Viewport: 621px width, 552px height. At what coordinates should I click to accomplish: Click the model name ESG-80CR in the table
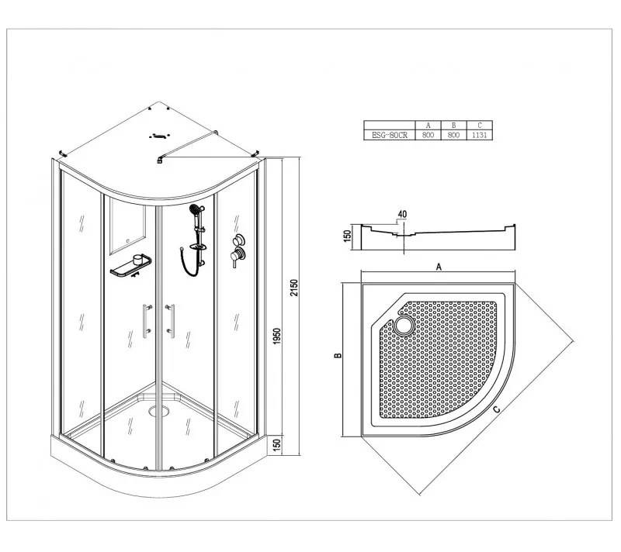click(390, 135)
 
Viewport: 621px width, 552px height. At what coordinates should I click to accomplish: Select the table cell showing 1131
click(479, 135)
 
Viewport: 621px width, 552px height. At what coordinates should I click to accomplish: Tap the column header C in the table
click(479, 126)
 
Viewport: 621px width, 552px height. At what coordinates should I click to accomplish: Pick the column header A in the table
click(428, 126)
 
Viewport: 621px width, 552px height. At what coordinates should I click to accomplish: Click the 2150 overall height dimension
click(293, 288)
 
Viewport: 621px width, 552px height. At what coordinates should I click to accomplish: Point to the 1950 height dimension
click(277, 336)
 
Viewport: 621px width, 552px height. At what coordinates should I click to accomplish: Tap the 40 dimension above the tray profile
click(402, 214)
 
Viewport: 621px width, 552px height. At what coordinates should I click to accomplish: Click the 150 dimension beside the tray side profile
click(347, 236)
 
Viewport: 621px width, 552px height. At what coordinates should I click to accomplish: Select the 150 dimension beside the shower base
click(277, 444)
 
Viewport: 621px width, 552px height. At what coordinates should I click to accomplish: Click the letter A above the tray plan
click(439, 267)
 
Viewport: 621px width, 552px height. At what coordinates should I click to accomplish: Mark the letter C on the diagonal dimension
click(496, 409)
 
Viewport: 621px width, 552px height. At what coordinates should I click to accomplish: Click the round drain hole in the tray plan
click(404, 326)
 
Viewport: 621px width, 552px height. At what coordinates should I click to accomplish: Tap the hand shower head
click(194, 209)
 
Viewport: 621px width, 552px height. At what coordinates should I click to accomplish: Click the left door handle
click(147, 321)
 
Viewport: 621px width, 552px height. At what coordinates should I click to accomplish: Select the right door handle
click(171, 321)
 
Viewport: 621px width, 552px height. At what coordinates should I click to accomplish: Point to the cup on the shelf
click(138, 260)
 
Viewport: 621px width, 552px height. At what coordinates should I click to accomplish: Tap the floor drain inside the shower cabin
click(159, 411)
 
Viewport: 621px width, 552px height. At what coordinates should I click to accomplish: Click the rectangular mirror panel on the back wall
click(127, 226)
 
